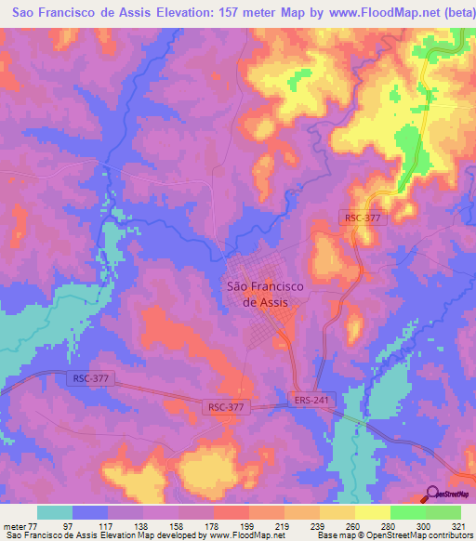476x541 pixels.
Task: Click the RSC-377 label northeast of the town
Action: (x=361, y=217)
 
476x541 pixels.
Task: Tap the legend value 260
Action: (x=354, y=525)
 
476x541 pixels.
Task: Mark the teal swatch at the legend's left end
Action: (x=55, y=512)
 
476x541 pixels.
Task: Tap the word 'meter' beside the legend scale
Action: (x=15, y=525)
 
